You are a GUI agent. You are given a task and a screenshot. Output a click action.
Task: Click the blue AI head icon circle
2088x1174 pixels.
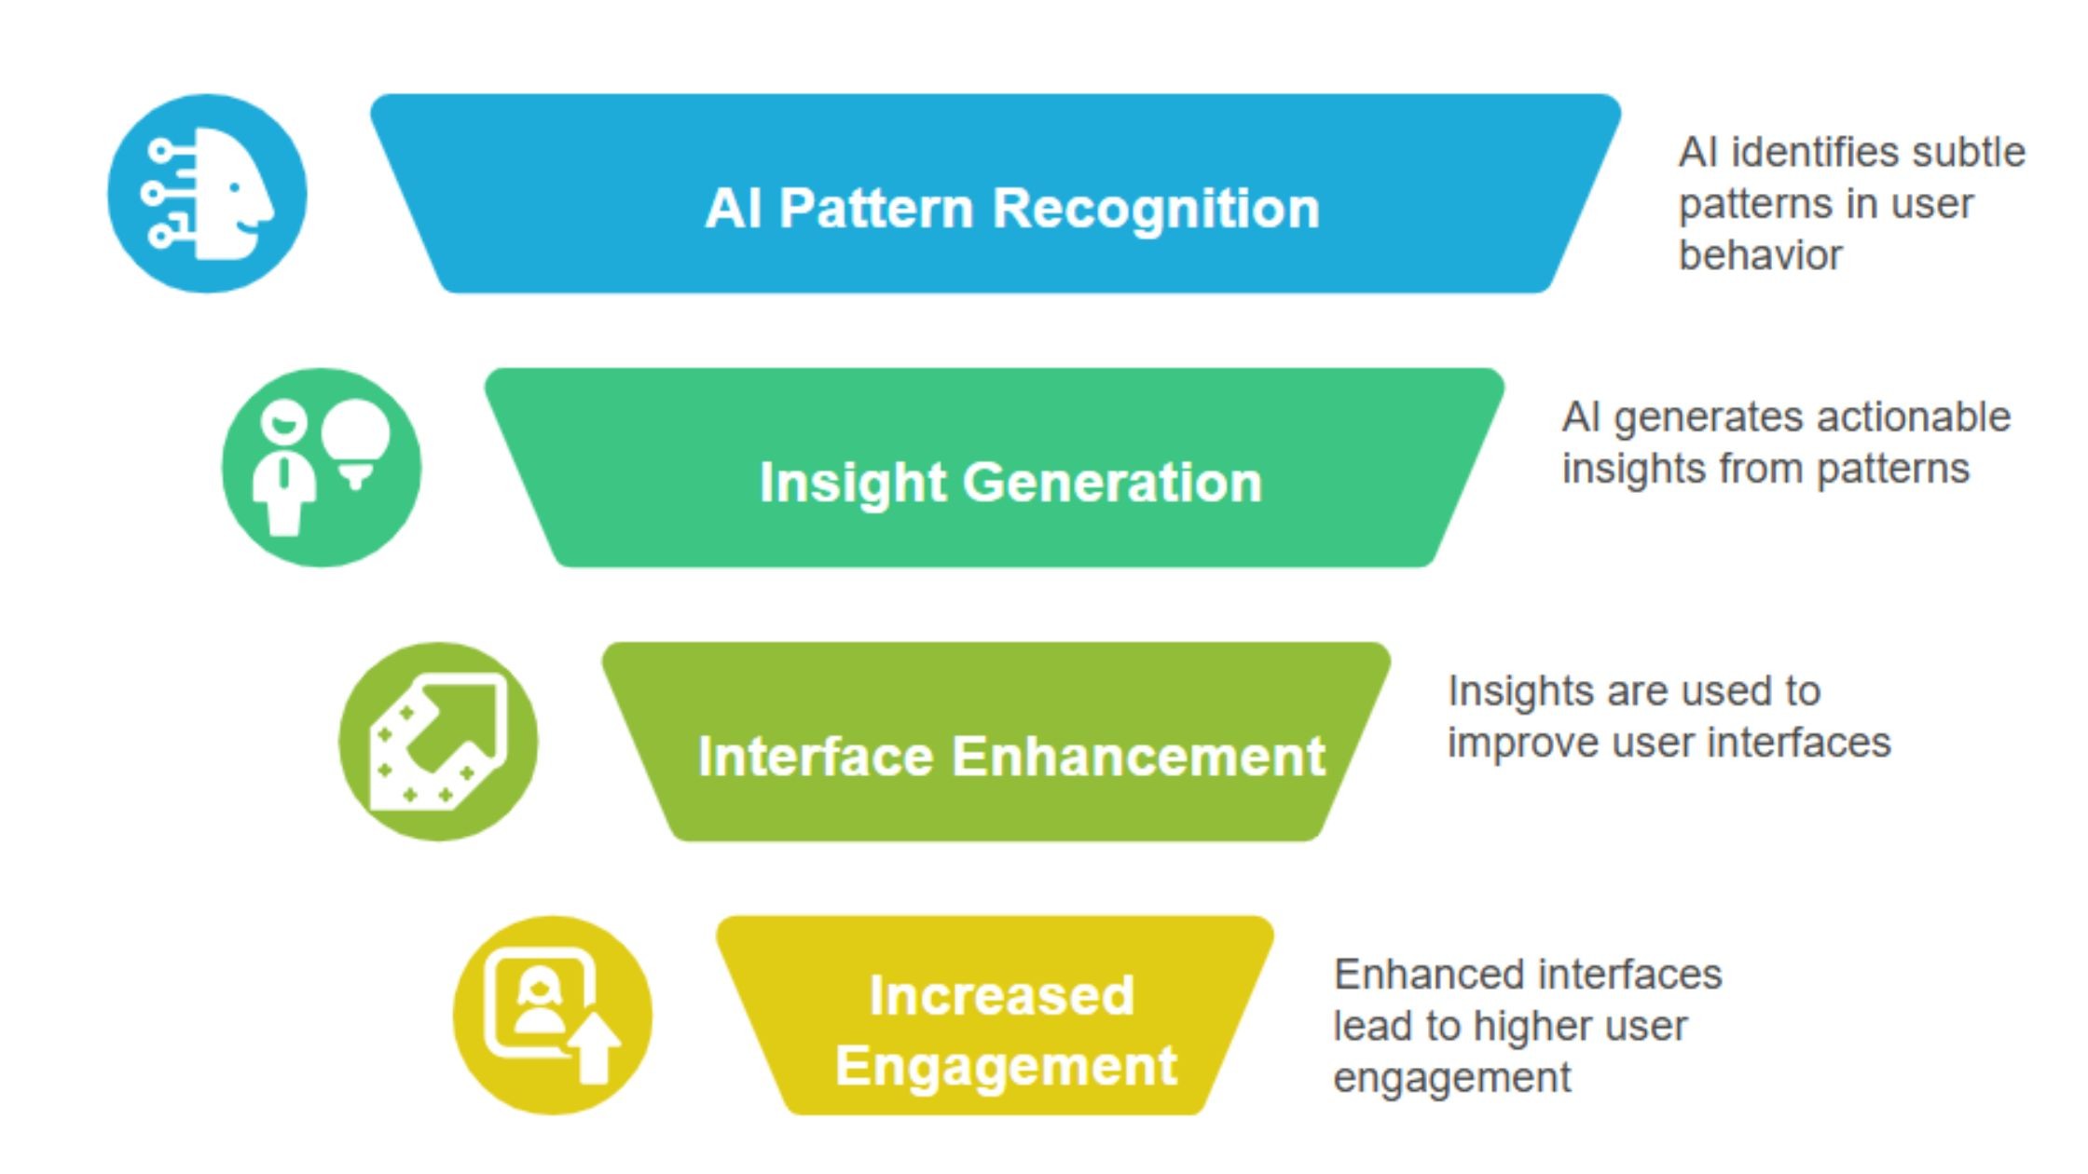pos(207,193)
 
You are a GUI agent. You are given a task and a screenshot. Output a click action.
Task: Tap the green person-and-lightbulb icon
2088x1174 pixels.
pos(322,468)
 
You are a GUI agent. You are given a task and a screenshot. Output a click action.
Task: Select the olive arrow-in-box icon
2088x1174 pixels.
pos(438,742)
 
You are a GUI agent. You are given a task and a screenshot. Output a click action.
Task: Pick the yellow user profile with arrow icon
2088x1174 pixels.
pos(552,1016)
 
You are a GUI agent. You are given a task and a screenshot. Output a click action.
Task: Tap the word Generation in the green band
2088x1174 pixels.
pos(1112,483)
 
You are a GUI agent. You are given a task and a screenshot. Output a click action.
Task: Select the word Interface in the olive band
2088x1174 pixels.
pos(815,756)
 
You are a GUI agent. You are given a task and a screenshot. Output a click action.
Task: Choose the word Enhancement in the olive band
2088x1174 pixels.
pos(1138,756)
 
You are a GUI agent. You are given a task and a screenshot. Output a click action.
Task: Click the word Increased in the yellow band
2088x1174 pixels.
pos(1002,995)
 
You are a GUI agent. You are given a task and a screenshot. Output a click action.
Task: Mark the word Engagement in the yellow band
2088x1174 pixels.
pos(1006,1066)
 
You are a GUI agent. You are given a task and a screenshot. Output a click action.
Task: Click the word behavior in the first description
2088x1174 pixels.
pos(1760,255)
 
